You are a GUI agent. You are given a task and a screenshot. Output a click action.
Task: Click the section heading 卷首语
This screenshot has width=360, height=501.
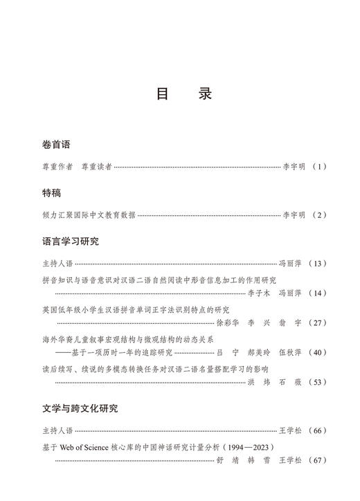point(56,145)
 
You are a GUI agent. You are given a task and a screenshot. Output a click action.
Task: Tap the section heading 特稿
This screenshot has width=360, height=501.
point(51,193)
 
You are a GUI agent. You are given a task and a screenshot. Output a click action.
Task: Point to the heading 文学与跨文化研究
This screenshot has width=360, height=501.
point(80,408)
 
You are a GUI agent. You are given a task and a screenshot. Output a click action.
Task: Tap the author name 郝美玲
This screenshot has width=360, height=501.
point(254,352)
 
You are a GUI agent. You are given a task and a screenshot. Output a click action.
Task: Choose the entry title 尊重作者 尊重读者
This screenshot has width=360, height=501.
point(77,167)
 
